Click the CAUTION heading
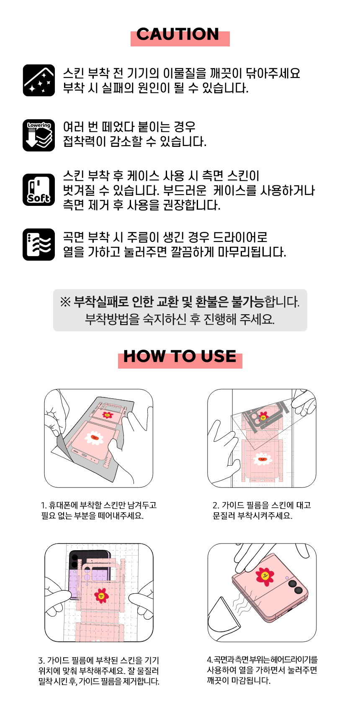(178, 34)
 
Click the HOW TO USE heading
(180, 356)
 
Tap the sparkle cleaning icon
(39, 80)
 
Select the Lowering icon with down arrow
(39, 135)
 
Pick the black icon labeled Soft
(39, 190)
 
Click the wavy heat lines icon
(39, 244)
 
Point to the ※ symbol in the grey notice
(65, 302)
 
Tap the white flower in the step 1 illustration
(94, 438)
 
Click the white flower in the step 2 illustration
(262, 459)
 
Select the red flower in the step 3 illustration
(101, 595)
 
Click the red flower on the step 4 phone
(264, 576)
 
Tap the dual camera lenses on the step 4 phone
(295, 587)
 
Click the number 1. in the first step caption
(44, 505)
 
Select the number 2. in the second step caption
(216, 505)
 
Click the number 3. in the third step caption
(42, 661)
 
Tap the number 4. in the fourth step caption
(210, 660)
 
